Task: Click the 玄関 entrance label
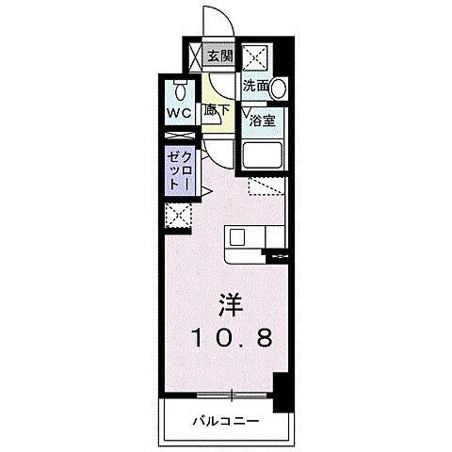(x=219, y=56)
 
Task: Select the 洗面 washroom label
(x=255, y=86)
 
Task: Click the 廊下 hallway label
(x=218, y=109)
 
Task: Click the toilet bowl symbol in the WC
(x=182, y=91)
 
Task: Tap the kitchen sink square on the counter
(x=236, y=238)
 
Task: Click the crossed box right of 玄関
(x=254, y=56)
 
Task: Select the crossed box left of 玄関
(x=195, y=56)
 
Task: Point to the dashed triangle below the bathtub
(x=266, y=187)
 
